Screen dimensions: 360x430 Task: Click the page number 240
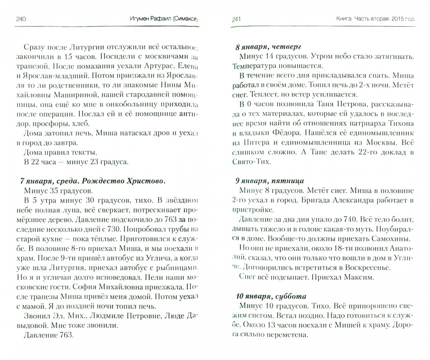21,19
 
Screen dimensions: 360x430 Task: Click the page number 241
236,19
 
